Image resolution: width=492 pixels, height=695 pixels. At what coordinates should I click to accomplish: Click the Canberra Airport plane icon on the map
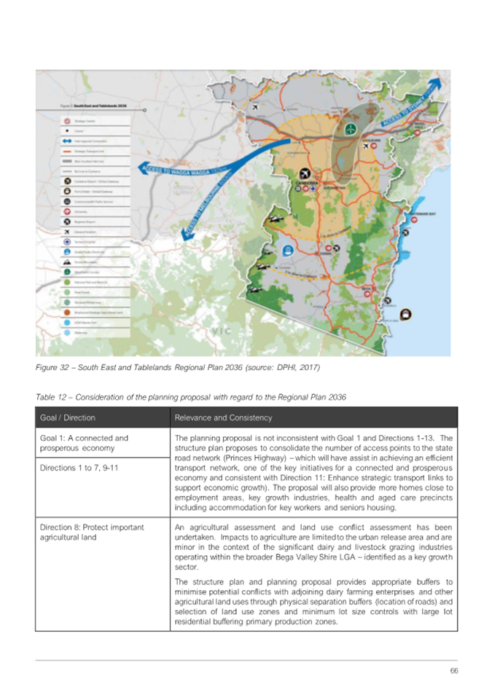click(305, 174)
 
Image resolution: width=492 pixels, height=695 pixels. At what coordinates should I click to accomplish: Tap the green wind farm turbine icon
click(350, 129)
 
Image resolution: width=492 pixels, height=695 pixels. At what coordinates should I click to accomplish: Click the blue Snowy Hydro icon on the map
click(289, 251)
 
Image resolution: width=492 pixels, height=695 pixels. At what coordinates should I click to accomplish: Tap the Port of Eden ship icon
click(405, 315)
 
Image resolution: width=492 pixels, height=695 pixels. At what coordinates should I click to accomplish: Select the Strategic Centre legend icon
click(67, 121)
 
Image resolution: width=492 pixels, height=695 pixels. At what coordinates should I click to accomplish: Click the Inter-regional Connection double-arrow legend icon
click(67, 141)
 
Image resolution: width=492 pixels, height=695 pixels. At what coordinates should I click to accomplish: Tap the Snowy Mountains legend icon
click(67, 260)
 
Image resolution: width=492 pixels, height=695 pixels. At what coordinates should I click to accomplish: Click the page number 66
click(453, 670)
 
